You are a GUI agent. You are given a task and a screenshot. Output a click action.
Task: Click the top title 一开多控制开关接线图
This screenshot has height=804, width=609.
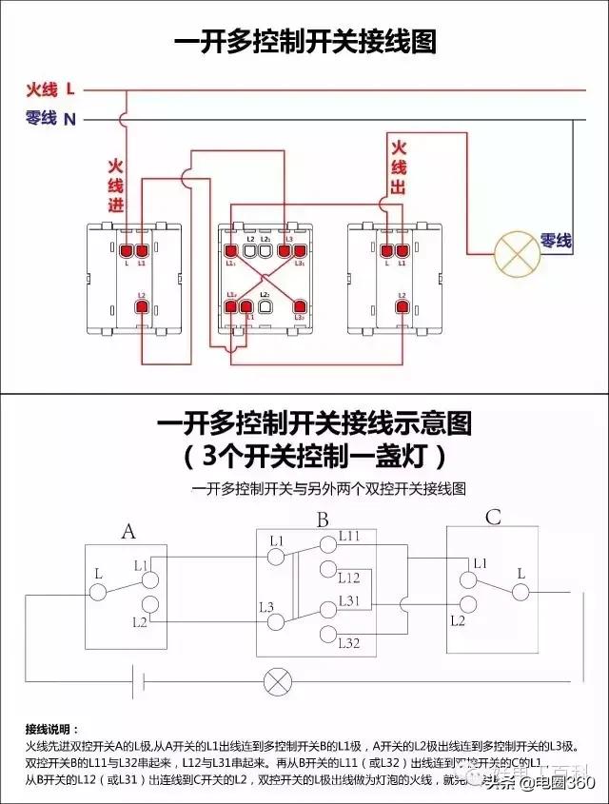pyautogui.click(x=304, y=42)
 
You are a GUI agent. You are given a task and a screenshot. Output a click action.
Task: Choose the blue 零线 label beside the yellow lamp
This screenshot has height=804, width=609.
pyautogui.click(x=557, y=242)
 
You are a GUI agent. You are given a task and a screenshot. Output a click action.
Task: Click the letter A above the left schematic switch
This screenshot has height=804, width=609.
pyautogui.click(x=128, y=531)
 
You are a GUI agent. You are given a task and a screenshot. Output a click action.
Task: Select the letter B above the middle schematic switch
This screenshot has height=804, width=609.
pyautogui.click(x=323, y=520)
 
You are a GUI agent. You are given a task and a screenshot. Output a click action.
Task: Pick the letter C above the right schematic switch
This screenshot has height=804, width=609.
pyautogui.click(x=493, y=519)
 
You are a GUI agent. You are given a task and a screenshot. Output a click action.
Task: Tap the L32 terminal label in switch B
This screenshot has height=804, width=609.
pyautogui.click(x=349, y=644)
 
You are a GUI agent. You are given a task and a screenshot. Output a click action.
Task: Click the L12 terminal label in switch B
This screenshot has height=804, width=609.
pyautogui.click(x=349, y=578)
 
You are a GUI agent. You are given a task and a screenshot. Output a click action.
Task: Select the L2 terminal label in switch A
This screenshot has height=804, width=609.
pyautogui.click(x=140, y=621)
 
